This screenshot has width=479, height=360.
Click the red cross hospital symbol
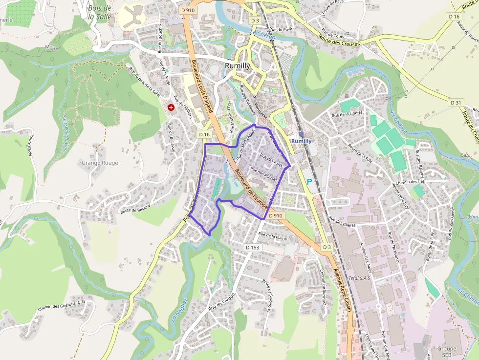pyautogui.click(x=171, y=107)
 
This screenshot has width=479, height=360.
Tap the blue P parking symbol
pyautogui.click(x=309, y=181)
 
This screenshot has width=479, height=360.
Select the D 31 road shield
pyautogui.click(x=456, y=102)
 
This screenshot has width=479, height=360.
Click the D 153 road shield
pyautogui.click(x=252, y=248)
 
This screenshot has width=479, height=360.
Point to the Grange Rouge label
pyautogui.click(x=100, y=163)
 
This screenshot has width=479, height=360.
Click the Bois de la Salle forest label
pyautogui.click(x=100, y=12)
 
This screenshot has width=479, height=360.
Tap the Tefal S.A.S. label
pyautogui.click(x=361, y=278)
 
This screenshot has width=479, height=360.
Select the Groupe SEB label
pyautogui.click(x=446, y=352)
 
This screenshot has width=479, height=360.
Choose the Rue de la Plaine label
pyautogui.click(x=273, y=236)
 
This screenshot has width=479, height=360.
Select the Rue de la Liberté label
pyautogui.click(x=347, y=113)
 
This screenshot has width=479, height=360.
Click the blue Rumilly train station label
pyautogui.click(x=301, y=141)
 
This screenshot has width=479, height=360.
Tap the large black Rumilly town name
pyautogui.click(x=238, y=65)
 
